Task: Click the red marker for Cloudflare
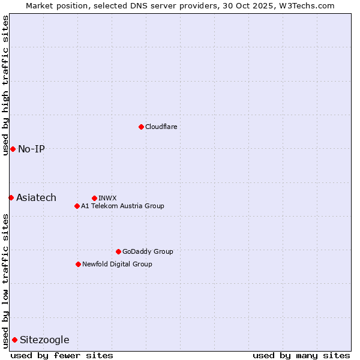(x=141, y=127)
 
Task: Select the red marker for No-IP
(x=13, y=149)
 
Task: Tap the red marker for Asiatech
(x=11, y=197)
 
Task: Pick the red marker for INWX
(x=94, y=198)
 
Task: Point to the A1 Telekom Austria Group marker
(x=77, y=206)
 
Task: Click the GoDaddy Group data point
(x=118, y=251)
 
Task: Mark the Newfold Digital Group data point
(x=78, y=264)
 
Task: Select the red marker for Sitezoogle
(x=14, y=340)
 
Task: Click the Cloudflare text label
(x=161, y=127)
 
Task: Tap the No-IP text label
(x=31, y=149)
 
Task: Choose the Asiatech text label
(x=36, y=197)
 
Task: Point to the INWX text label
(x=107, y=198)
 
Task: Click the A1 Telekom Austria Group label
(x=122, y=206)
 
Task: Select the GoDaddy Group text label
(x=148, y=251)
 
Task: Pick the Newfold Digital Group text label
(x=117, y=264)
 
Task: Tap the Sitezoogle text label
(x=44, y=340)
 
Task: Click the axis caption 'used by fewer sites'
(x=62, y=355)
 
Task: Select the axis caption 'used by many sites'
(x=301, y=355)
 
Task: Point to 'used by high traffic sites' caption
(x=5, y=85)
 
